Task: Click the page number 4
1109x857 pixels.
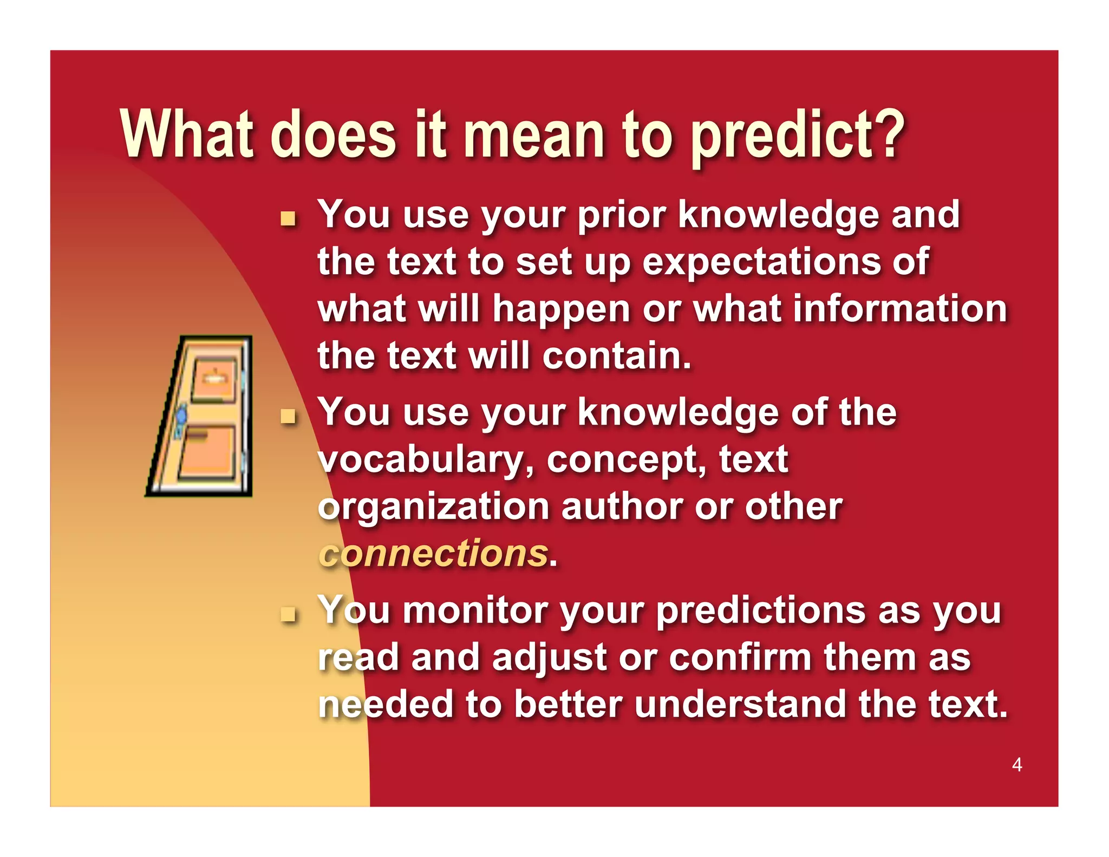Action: (x=1017, y=764)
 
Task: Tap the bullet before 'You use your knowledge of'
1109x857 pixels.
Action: (x=288, y=416)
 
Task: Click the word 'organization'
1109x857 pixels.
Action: (x=433, y=508)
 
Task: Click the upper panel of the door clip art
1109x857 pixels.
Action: (x=214, y=379)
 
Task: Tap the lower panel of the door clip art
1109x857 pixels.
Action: (x=207, y=453)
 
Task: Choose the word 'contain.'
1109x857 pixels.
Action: (x=617, y=356)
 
